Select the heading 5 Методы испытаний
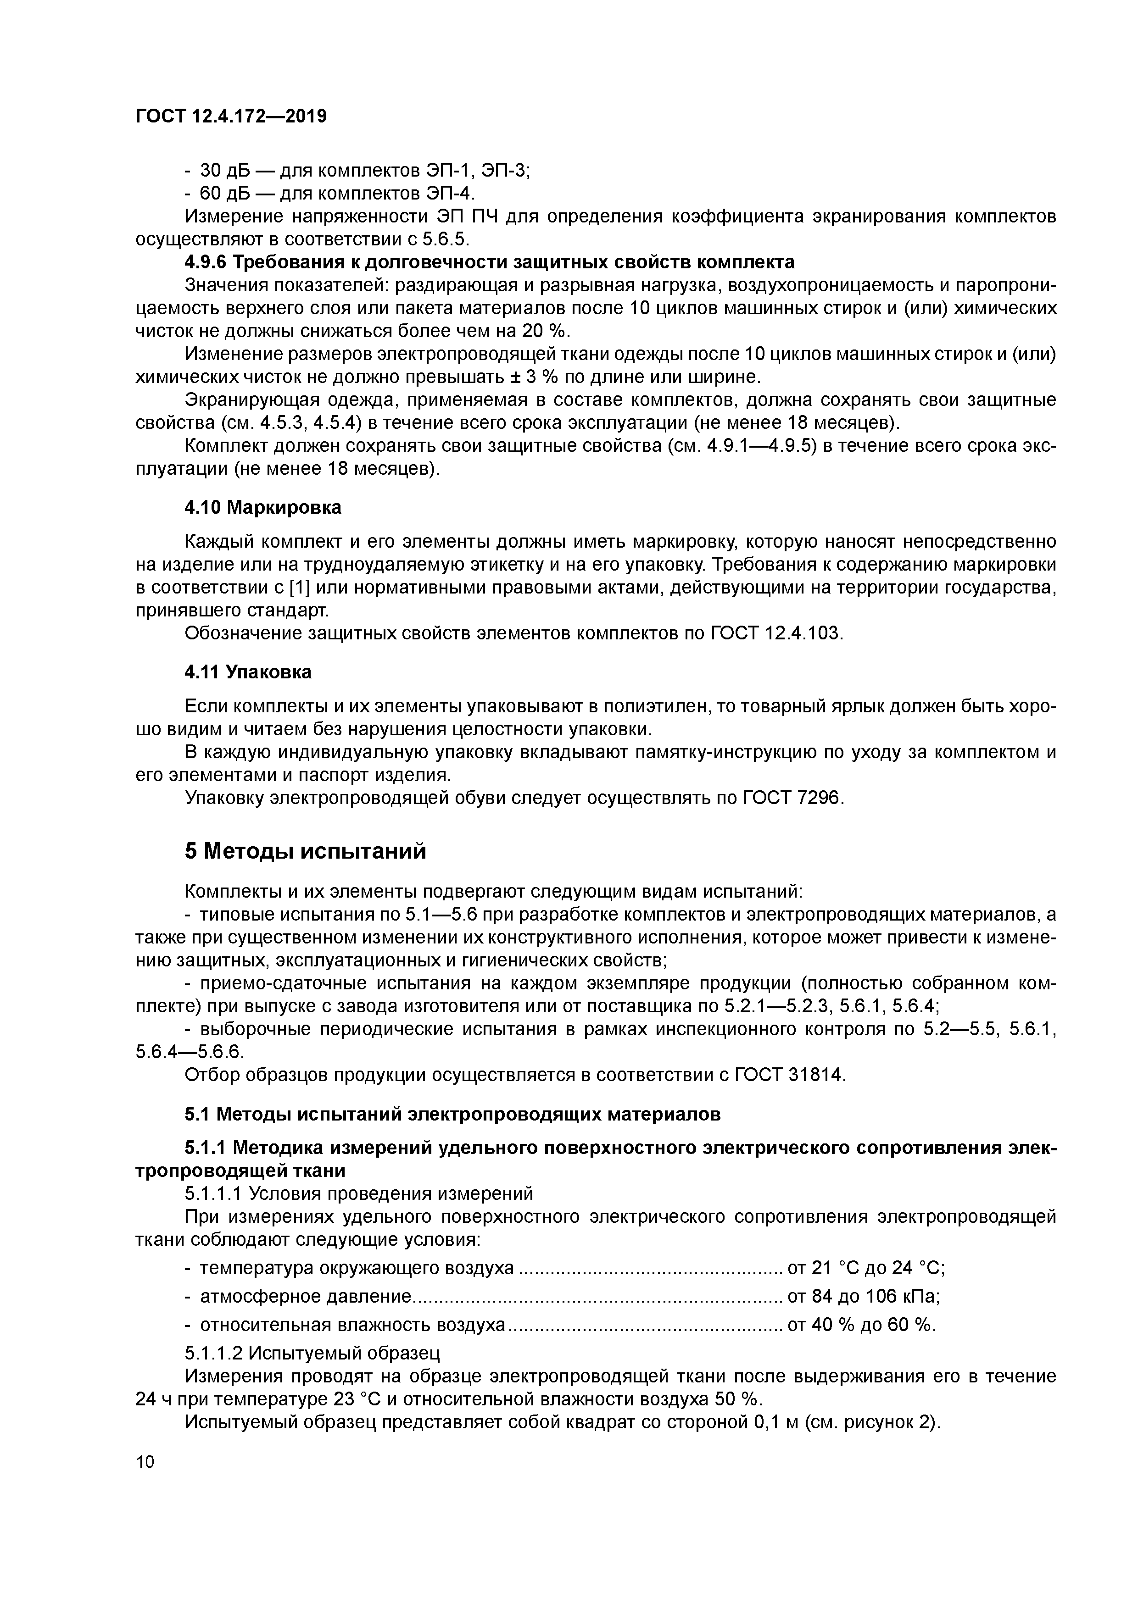pos(305,851)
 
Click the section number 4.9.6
pos(206,262)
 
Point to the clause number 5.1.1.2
pos(214,1352)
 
